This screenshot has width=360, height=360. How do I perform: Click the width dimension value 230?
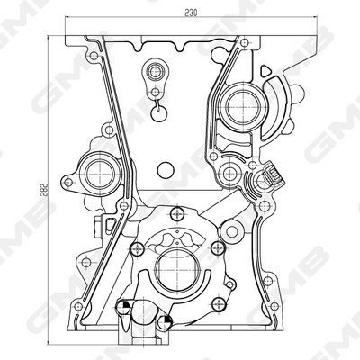(x=191, y=13)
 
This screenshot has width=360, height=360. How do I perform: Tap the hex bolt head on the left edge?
(x=97, y=227)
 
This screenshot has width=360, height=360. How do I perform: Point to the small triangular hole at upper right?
(x=265, y=71)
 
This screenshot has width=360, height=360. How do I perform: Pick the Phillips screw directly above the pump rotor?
(x=178, y=214)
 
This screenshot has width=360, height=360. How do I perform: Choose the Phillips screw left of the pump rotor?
(x=138, y=248)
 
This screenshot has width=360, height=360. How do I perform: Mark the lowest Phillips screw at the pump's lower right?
(x=218, y=305)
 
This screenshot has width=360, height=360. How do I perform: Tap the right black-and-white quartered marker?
(x=165, y=322)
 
